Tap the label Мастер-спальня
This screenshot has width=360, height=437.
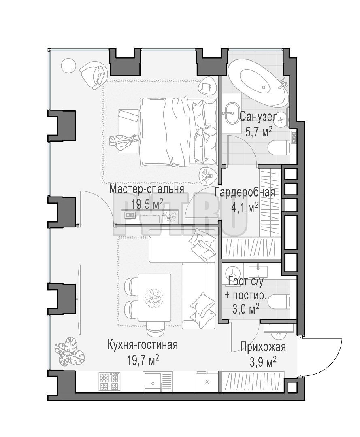pyautogui.click(x=147, y=189)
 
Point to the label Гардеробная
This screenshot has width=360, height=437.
pyautogui.click(x=245, y=192)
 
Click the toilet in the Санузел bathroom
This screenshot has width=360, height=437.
pyautogui.click(x=279, y=147)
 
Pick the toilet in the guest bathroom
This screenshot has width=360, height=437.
pyautogui.click(x=279, y=301)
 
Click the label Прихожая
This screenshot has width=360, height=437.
pyautogui.click(x=263, y=347)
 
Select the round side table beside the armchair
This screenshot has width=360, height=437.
pyautogui.click(x=68, y=66)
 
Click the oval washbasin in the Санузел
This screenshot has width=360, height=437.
pyautogui.click(x=232, y=113)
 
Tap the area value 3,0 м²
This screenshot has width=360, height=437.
pyautogui.click(x=246, y=309)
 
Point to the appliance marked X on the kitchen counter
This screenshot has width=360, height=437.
pyautogui.click(x=207, y=382)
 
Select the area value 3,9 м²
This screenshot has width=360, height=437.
pyautogui.click(x=263, y=362)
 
